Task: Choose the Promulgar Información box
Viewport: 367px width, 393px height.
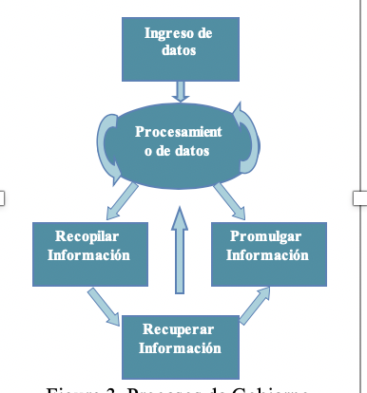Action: [269, 253]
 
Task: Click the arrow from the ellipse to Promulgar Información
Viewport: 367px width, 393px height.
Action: [231, 200]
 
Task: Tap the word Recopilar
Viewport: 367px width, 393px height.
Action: [87, 235]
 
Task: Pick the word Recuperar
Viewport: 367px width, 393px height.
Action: [179, 328]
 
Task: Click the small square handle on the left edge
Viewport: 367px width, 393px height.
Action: [2, 197]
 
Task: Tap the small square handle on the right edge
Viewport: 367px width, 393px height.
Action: [359, 197]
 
